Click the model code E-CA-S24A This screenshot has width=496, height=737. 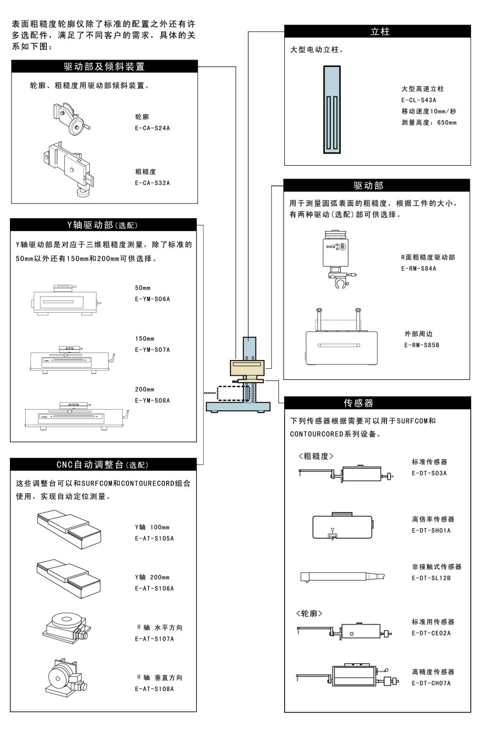click(x=152, y=128)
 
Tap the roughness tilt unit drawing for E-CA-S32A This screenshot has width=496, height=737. click(x=69, y=169)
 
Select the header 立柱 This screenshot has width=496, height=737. click(x=380, y=32)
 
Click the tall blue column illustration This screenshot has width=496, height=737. click(x=332, y=110)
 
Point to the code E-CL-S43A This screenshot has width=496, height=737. click(x=419, y=100)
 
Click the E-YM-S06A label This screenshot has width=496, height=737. click(x=152, y=299)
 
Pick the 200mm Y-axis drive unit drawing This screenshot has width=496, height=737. click(x=76, y=416)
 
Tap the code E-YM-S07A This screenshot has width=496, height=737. click(x=152, y=350)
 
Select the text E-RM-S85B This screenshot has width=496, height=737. click(x=422, y=345)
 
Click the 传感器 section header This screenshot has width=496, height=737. click(x=358, y=403)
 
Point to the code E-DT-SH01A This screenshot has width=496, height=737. click(x=431, y=530)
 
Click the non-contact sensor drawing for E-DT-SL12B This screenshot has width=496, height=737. click(x=343, y=577)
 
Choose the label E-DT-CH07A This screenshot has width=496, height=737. click(x=431, y=683)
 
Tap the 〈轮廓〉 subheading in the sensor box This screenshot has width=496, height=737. click(x=309, y=613)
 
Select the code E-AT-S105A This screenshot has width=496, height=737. click(x=154, y=538)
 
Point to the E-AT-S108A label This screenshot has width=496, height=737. click(x=154, y=689)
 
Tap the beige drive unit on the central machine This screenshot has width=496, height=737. click(x=247, y=368)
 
